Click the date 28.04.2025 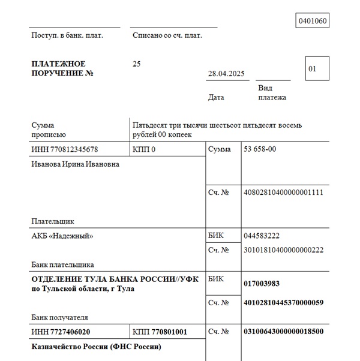coord(226,74)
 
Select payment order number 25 coord(137,64)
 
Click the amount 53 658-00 coord(260,149)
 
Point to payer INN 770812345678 coord(64,149)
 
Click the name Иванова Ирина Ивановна coord(75,164)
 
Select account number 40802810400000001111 coord(284,192)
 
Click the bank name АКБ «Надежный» coord(62,236)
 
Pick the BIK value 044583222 coord(262,236)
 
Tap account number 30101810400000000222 coord(284,250)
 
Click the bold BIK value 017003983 coord(262,284)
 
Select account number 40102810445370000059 coord(284,303)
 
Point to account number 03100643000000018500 coord(284,331)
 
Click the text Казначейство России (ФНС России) coord(96,347)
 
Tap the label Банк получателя coord(59,317)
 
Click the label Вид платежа coord(272,93)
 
